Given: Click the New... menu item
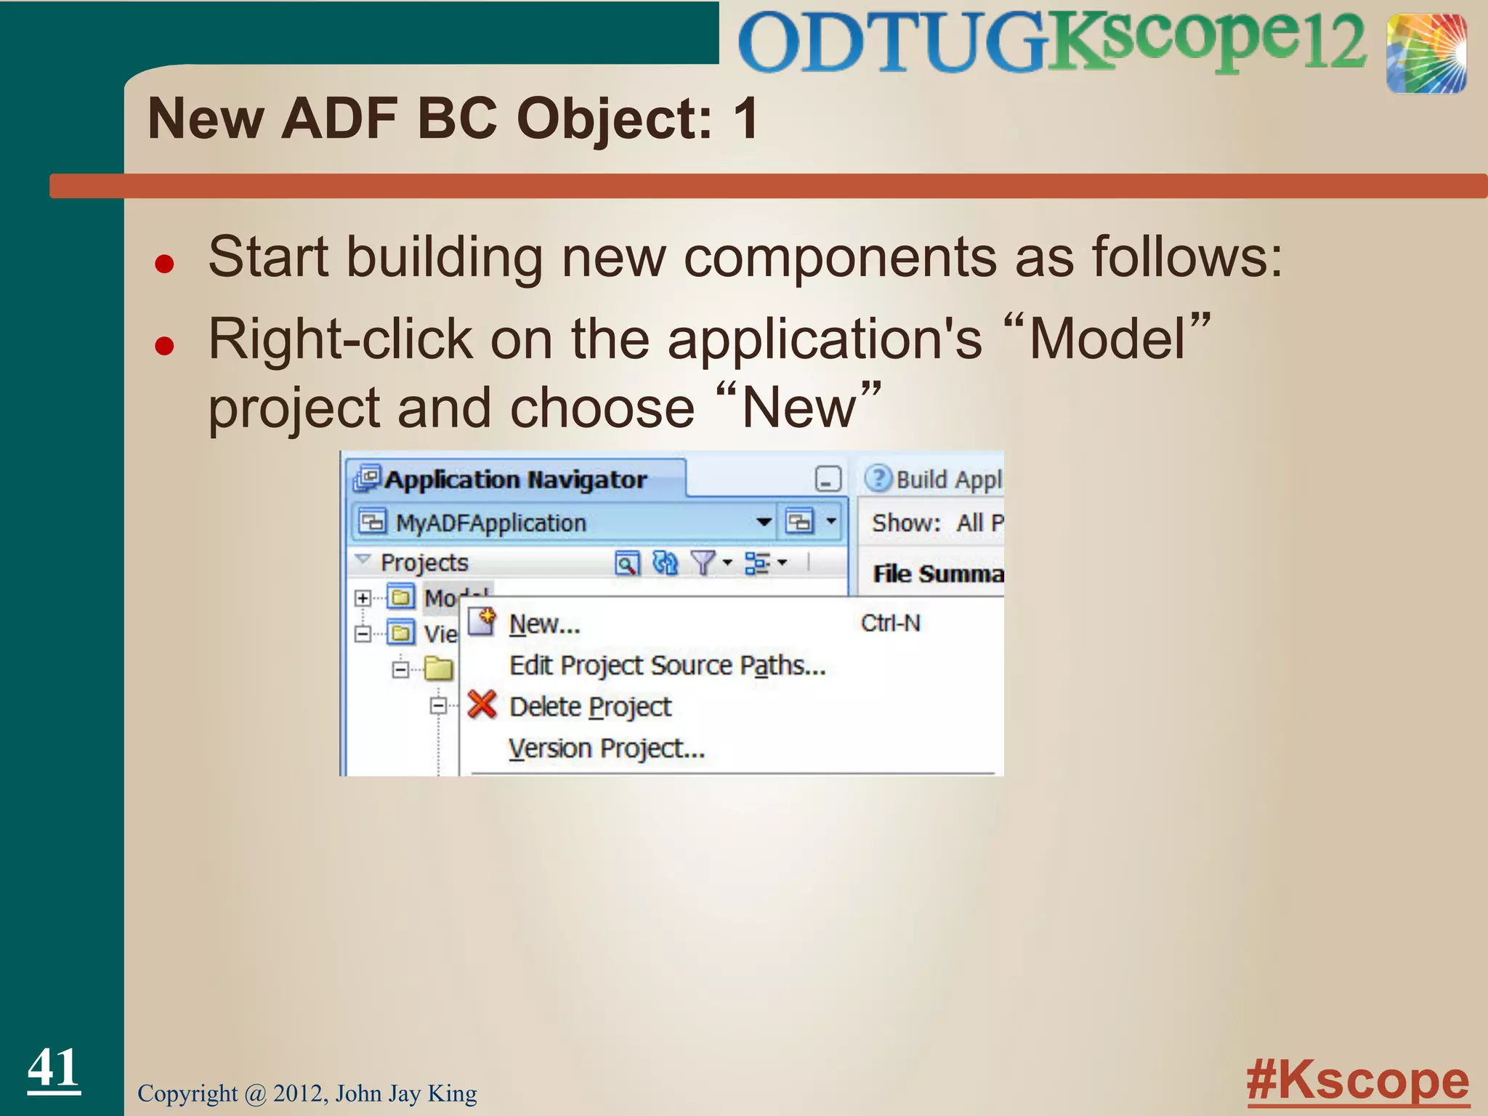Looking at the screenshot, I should pyautogui.click(x=544, y=624).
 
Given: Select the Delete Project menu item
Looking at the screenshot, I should pyautogui.click(x=590, y=707).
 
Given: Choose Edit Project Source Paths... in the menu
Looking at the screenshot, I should pyautogui.click(x=667, y=666).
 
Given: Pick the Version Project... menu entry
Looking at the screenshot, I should pyautogui.click(x=606, y=748).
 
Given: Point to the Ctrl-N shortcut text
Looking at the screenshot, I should pyautogui.click(x=890, y=623).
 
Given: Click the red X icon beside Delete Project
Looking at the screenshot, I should pyautogui.click(x=482, y=705).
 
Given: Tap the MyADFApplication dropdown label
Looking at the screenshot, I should pyautogui.click(x=490, y=523).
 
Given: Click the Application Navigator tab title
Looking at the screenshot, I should pyautogui.click(x=515, y=480).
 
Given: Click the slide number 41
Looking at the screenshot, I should pyautogui.click(x=54, y=1067).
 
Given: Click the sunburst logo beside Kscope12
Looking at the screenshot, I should pyautogui.click(x=1426, y=54).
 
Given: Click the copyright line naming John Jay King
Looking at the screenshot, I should pyautogui.click(x=307, y=1093).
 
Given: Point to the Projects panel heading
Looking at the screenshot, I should pyautogui.click(x=424, y=563).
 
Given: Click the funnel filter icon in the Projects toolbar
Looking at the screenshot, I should pyautogui.click(x=703, y=562).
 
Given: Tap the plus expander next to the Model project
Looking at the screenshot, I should pyautogui.click(x=363, y=598).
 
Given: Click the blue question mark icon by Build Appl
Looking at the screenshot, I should pyautogui.click(x=878, y=479).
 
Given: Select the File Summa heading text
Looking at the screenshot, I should pyautogui.click(x=937, y=574).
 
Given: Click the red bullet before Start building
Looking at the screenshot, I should pyautogui.click(x=164, y=264).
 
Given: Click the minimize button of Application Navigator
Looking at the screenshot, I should pyautogui.click(x=828, y=480).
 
